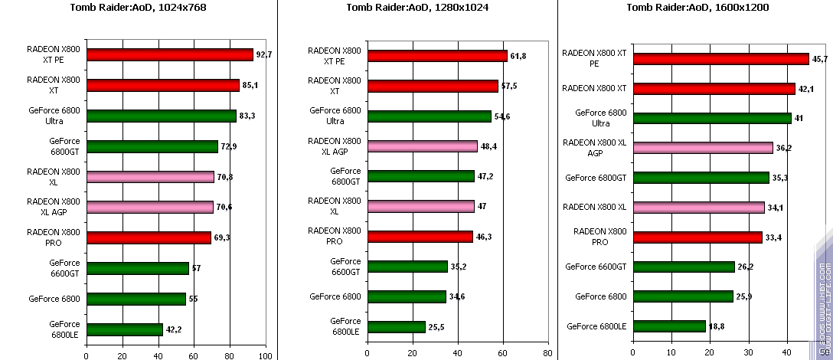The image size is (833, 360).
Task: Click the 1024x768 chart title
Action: pos(138,7)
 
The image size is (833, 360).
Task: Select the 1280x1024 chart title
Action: pos(416,7)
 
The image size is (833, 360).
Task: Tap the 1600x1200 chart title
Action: pos(697,7)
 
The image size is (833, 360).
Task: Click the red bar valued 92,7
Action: pos(169,54)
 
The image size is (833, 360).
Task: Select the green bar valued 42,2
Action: pos(124,329)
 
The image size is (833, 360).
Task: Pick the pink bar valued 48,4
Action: pos(422,146)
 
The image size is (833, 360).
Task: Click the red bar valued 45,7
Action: pos(720,59)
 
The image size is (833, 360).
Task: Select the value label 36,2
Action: pos(783,148)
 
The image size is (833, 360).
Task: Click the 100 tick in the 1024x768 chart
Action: pos(266,355)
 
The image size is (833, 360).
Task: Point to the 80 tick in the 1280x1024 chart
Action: pos(547,354)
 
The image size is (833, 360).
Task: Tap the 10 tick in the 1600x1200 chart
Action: pos(671,354)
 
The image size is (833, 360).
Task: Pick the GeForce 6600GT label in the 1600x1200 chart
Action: pos(596,267)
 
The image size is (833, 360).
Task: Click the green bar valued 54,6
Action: pos(429,116)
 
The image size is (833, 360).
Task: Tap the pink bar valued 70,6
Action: pos(149,207)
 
